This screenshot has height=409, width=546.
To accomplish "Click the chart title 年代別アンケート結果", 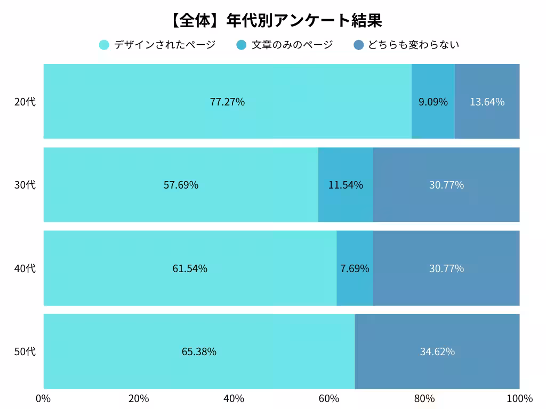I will [275, 21].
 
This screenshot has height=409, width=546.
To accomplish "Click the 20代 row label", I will [25, 102].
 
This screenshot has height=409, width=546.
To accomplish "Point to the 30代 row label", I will [25, 185].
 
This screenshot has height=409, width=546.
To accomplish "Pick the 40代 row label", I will [25, 268].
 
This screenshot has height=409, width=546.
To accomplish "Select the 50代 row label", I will [25, 351].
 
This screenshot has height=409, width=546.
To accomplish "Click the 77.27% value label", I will [227, 102].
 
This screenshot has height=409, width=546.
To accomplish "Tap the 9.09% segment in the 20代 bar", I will [433, 102].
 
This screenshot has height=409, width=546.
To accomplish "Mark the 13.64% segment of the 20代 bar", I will [487, 102].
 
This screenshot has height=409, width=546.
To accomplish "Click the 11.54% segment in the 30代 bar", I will [346, 185].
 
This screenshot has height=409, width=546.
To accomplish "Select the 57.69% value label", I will [181, 185].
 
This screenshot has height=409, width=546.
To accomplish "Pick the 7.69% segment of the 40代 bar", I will [355, 268].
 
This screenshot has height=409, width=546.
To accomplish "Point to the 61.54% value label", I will [190, 268].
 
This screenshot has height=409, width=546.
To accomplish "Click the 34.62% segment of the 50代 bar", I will [437, 351].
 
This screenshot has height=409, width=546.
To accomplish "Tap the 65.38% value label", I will [199, 351].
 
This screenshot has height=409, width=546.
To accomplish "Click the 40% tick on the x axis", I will [234, 399].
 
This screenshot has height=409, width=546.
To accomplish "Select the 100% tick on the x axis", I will [519, 399].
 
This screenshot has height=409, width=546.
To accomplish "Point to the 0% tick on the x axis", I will [43, 399].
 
